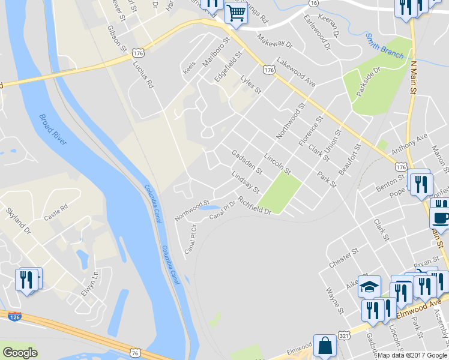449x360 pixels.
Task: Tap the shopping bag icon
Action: (325, 346)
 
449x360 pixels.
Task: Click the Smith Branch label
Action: (385, 46)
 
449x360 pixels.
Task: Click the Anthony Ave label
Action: (409, 144)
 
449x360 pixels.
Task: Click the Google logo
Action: (20, 352)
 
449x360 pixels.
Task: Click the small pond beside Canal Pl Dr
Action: (211, 209)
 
